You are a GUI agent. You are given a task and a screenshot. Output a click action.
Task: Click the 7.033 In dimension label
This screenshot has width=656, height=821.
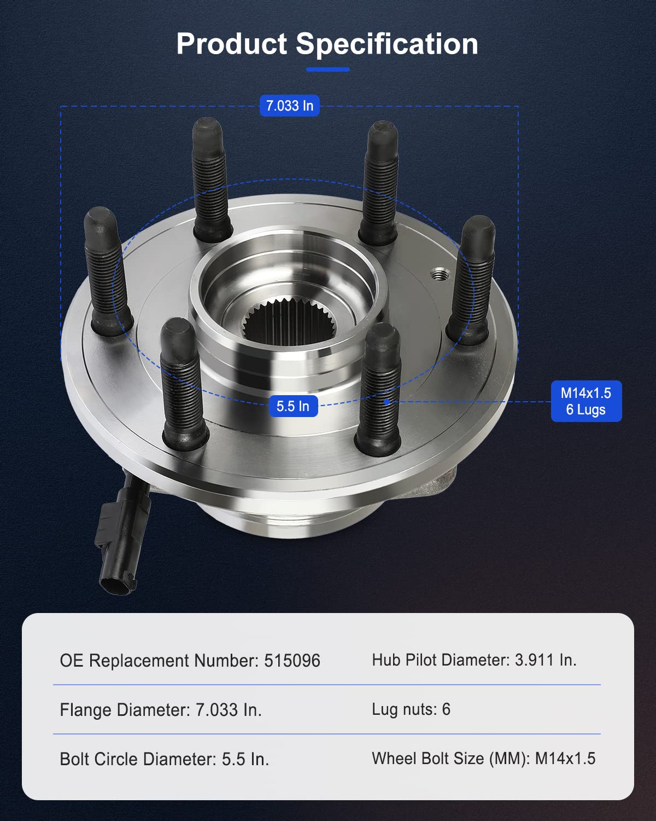[289, 106]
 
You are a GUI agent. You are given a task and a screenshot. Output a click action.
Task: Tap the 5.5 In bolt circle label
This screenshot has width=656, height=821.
[293, 406]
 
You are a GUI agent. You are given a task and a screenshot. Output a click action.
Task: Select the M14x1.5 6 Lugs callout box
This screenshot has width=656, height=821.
[586, 401]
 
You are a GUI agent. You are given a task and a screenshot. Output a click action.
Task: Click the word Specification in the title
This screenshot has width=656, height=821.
[387, 44]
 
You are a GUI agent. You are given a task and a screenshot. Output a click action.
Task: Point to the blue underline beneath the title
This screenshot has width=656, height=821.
[328, 70]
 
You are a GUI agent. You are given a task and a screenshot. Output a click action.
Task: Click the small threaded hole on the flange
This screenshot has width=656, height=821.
[438, 273]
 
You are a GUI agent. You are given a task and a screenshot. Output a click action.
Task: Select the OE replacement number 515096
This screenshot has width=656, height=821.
[292, 661]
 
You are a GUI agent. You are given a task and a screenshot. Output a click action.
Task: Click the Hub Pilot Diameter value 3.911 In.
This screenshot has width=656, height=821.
[546, 660]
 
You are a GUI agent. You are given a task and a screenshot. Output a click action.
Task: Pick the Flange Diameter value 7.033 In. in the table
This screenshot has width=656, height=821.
[229, 710]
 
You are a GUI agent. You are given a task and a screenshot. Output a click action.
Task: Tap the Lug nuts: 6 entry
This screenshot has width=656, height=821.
[411, 709]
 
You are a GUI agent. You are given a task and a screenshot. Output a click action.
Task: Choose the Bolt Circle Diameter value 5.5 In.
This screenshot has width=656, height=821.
[245, 759]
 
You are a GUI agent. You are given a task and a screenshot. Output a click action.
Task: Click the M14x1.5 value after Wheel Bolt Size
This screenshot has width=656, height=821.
[565, 759]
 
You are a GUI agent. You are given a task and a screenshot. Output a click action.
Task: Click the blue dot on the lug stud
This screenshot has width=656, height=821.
[386, 402]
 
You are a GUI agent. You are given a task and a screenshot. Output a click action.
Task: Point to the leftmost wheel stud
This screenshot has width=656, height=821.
[107, 271]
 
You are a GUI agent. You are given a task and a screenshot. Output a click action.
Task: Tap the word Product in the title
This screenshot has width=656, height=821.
[232, 44]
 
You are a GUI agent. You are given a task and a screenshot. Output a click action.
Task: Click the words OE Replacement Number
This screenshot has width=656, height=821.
[159, 661]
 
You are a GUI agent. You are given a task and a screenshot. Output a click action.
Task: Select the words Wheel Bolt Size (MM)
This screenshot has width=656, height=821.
[450, 759]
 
